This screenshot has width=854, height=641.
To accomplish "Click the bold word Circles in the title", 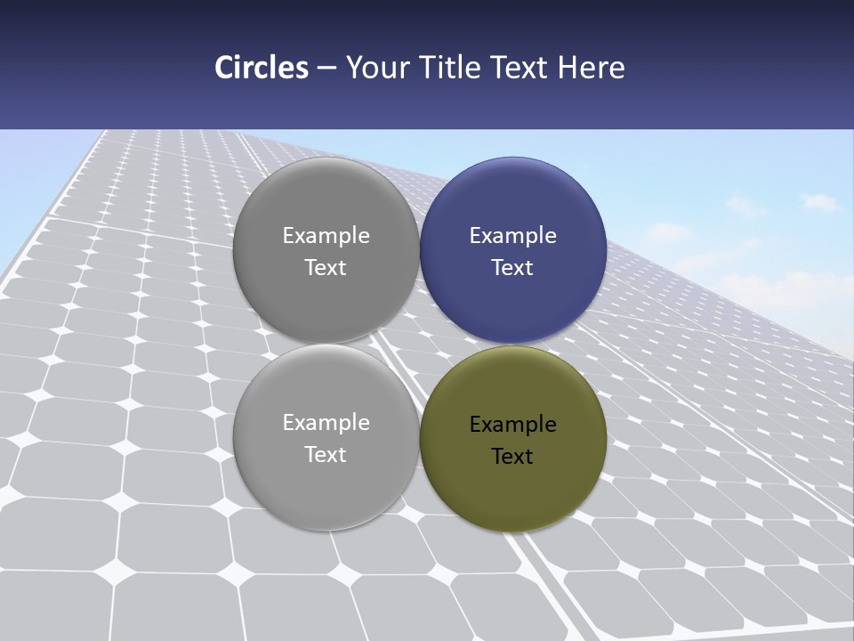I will point(261,68).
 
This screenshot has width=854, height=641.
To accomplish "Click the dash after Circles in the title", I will point(326,69).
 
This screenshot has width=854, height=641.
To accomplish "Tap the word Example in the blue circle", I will point(512,236).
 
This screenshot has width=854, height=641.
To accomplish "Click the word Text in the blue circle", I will point(512,268).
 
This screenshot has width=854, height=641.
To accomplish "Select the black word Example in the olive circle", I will point(512,425).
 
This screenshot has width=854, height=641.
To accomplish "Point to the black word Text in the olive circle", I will point(512,457).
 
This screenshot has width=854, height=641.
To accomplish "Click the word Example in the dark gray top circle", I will point(326,236).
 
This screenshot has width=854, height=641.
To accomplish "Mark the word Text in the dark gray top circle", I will point(326,268).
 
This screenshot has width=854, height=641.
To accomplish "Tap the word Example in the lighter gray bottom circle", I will point(326,423).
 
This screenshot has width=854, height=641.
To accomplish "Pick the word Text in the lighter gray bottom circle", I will point(326,455).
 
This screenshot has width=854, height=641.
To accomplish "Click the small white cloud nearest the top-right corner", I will point(820,201).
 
